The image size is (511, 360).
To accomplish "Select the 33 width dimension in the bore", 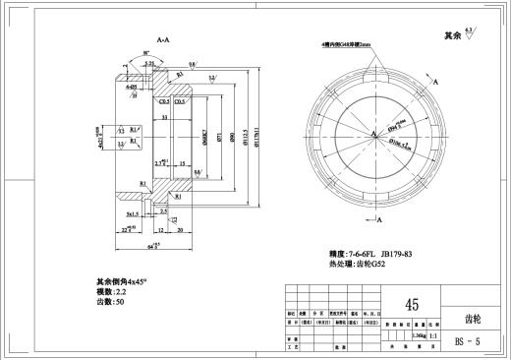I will pyautogui.click(x=165, y=117).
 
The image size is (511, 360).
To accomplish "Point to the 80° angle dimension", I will pyautogui.click(x=146, y=55).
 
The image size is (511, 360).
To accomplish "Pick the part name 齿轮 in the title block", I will pyautogui.click(x=474, y=319).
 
